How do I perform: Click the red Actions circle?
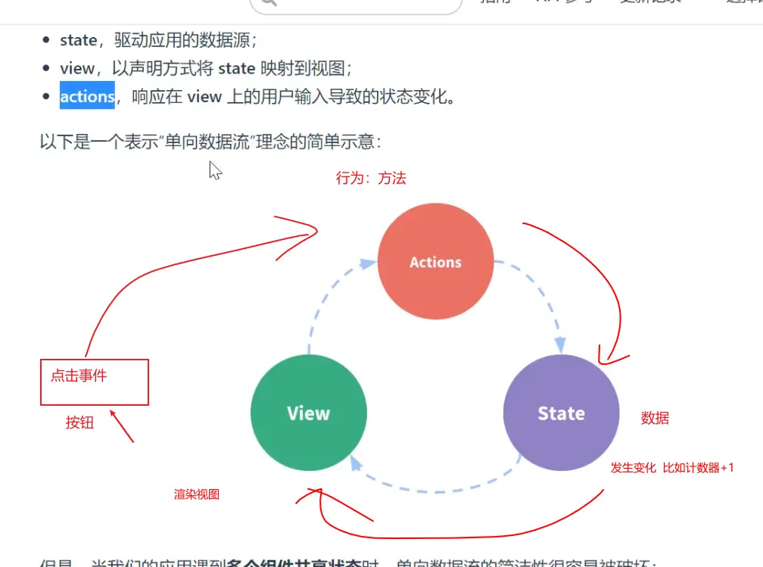tap(435, 262)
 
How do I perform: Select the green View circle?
tap(309, 413)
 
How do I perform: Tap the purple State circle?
tap(561, 413)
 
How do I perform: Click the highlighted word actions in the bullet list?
tap(87, 96)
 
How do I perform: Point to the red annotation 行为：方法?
tap(371, 178)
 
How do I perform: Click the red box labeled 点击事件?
tap(94, 382)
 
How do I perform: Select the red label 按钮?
tap(79, 423)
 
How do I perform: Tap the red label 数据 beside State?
tap(655, 418)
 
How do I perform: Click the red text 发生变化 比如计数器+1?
tap(672, 468)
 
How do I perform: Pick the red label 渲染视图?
tap(197, 494)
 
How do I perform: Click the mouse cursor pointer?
tap(215, 170)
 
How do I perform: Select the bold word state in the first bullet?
tap(78, 40)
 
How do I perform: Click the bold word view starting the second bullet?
tap(76, 68)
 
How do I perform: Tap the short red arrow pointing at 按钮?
tap(123, 427)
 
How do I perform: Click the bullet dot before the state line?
tap(45, 40)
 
